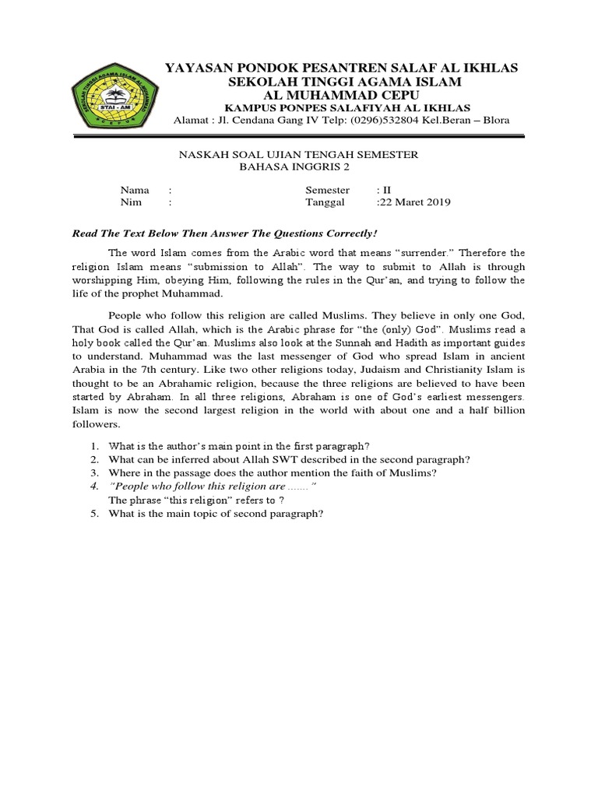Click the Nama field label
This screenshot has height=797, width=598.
pyautogui.click(x=134, y=190)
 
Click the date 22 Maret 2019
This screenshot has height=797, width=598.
pyautogui.click(x=415, y=202)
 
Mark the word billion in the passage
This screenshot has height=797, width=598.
pyautogui.click(x=503, y=411)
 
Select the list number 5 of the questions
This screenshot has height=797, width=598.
pyautogui.click(x=93, y=514)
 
